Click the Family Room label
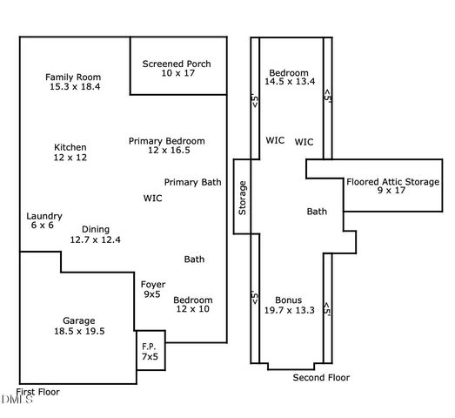point(73,77)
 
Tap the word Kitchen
point(70,146)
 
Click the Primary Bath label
point(193,182)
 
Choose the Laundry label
point(44,215)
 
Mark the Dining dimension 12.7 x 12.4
point(95,239)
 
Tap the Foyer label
point(152,284)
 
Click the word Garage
point(78,320)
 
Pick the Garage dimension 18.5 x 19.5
point(78,331)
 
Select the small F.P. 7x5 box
point(150,351)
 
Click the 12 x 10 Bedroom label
point(193,309)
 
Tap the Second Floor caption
point(321,378)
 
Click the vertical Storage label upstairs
point(243,198)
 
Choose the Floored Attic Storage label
point(393,182)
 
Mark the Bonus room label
point(288,299)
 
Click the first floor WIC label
point(153,198)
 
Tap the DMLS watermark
point(16,400)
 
